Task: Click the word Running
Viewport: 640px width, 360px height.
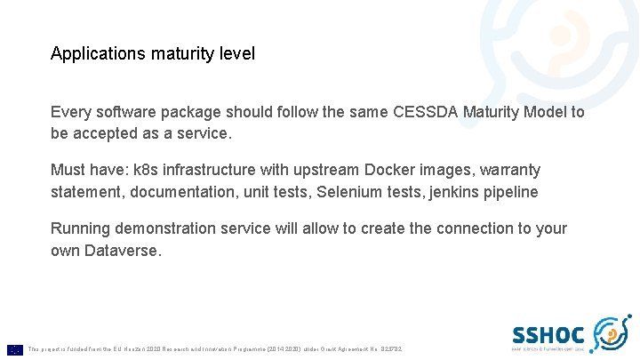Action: click(82, 228)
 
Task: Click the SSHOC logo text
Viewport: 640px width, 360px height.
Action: click(548, 335)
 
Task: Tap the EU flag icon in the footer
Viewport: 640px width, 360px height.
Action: click(14, 348)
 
